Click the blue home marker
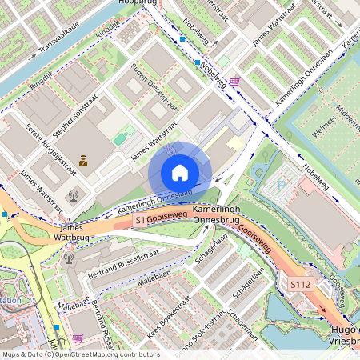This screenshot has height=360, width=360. coord(180,173)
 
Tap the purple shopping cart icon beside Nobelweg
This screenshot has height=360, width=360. coord(234,82)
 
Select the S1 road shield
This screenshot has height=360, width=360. coord(141,219)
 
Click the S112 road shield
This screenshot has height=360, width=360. coord(301,284)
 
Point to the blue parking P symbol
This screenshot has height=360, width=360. coord(281,185)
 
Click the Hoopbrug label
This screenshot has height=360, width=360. coord(134,4)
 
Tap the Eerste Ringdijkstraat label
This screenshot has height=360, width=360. coord(50,149)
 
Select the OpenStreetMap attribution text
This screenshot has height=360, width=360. coord(80,354)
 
